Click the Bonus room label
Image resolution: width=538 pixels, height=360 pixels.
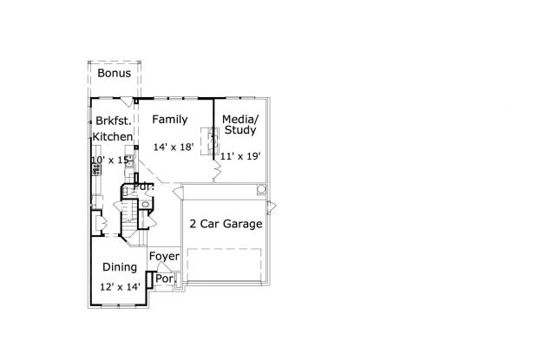[115, 73]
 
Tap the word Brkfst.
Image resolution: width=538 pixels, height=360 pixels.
[114, 121]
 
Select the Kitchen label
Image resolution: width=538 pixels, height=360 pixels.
[113, 137]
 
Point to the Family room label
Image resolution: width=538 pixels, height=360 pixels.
[170, 120]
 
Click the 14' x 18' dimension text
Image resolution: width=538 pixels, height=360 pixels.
[174, 147]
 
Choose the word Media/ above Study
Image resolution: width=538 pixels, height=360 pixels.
[240, 120]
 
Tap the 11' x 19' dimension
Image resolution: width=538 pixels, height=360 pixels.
[240, 156]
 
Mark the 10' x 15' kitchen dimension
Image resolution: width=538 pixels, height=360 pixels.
[111, 160]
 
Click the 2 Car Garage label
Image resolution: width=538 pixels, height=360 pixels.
[226, 224]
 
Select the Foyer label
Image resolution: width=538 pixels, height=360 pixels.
[164, 256]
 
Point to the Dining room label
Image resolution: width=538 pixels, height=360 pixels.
[120, 267]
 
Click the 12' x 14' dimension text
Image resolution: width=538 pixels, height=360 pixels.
[120, 287]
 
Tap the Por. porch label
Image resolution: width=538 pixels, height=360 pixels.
[166, 278]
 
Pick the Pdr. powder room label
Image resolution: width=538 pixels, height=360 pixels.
[144, 187]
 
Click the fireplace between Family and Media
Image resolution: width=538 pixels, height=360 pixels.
[210, 141]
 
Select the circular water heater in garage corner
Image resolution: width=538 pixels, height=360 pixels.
[261, 190]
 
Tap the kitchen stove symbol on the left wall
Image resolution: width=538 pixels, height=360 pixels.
[96, 169]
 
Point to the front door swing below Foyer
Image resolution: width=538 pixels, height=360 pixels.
[164, 267]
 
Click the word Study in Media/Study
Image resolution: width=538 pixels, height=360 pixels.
[240, 130]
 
